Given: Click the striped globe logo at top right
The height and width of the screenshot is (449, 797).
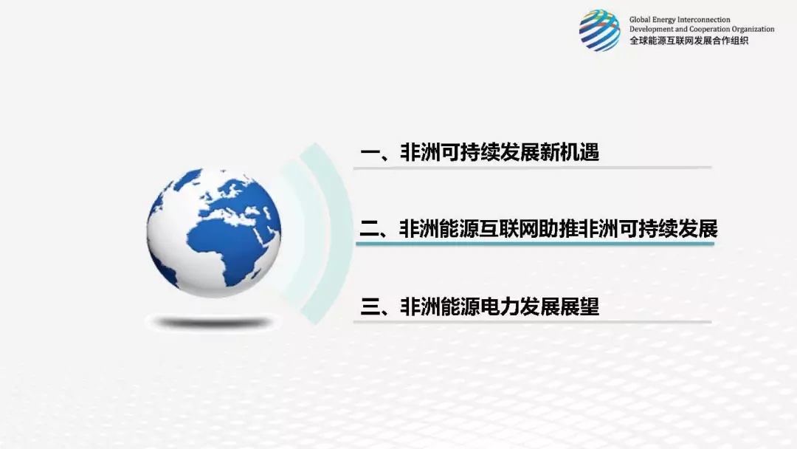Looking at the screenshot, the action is pyautogui.click(x=600, y=30).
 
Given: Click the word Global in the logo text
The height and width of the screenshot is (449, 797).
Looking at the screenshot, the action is pyautogui.click(x=640, y=20).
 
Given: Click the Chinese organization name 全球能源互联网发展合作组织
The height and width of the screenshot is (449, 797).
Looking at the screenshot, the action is pyautogui.click(x=689, y=41).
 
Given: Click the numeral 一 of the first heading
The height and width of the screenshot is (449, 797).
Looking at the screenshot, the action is pyautogui.click(x=370, y=153).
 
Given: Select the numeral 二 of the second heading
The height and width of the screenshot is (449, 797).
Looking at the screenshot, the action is pyautogui.click(x=369, y=229).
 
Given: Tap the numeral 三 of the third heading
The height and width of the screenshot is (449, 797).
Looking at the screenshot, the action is pyautogui.click(x=370, y=306).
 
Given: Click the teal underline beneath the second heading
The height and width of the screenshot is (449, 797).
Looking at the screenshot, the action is pyautogui.click(x=535, y=244).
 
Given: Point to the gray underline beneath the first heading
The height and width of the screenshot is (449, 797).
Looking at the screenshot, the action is pyautogui.click(x=532, y=168).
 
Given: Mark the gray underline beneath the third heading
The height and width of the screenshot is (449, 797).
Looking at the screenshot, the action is pyautogui.click(x=532, y=321).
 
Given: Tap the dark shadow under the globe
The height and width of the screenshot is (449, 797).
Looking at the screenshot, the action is pyautogui.click(x=213, y=323).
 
